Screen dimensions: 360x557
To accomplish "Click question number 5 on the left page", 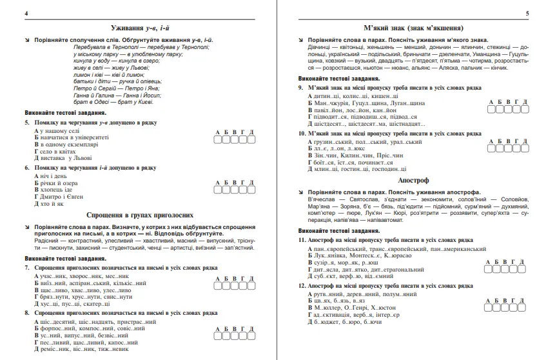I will (x=26, y=121).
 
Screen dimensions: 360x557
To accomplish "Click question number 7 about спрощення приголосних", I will (x=26, y=267).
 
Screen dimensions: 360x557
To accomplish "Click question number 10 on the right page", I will (x=301, y=134).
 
